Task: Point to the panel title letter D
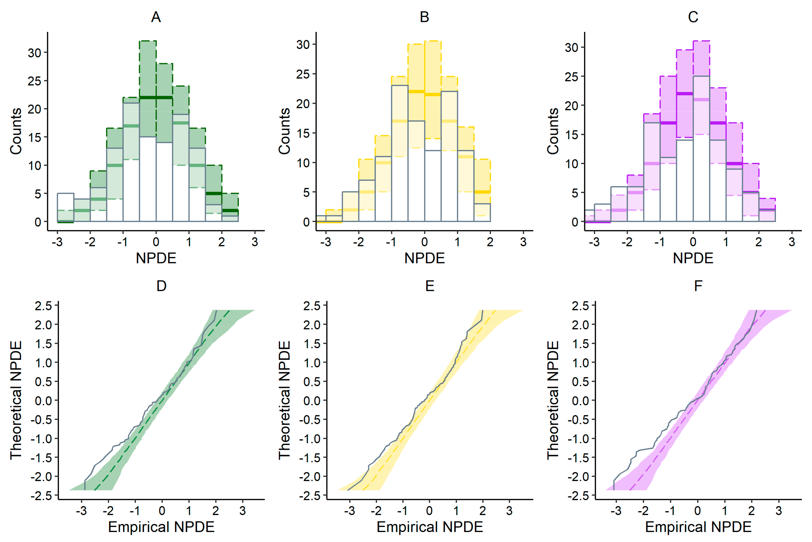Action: coord(161,286)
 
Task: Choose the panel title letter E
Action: coord(430,286)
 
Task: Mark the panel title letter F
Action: coord(698,286)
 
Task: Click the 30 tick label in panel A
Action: coord(34,53)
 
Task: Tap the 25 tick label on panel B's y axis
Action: coord(303,74)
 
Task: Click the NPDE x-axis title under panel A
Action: coord(156,258)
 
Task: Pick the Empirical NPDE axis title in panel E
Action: coord(430,527)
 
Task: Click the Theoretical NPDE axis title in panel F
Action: coord(553,400)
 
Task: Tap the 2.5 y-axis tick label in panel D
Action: coord(43,305)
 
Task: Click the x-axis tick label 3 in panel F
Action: coord(778,511)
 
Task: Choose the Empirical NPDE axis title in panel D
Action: coord(161,527)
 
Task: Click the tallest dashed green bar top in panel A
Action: coord(148,41)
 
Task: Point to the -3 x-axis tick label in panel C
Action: coord(594,242)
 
